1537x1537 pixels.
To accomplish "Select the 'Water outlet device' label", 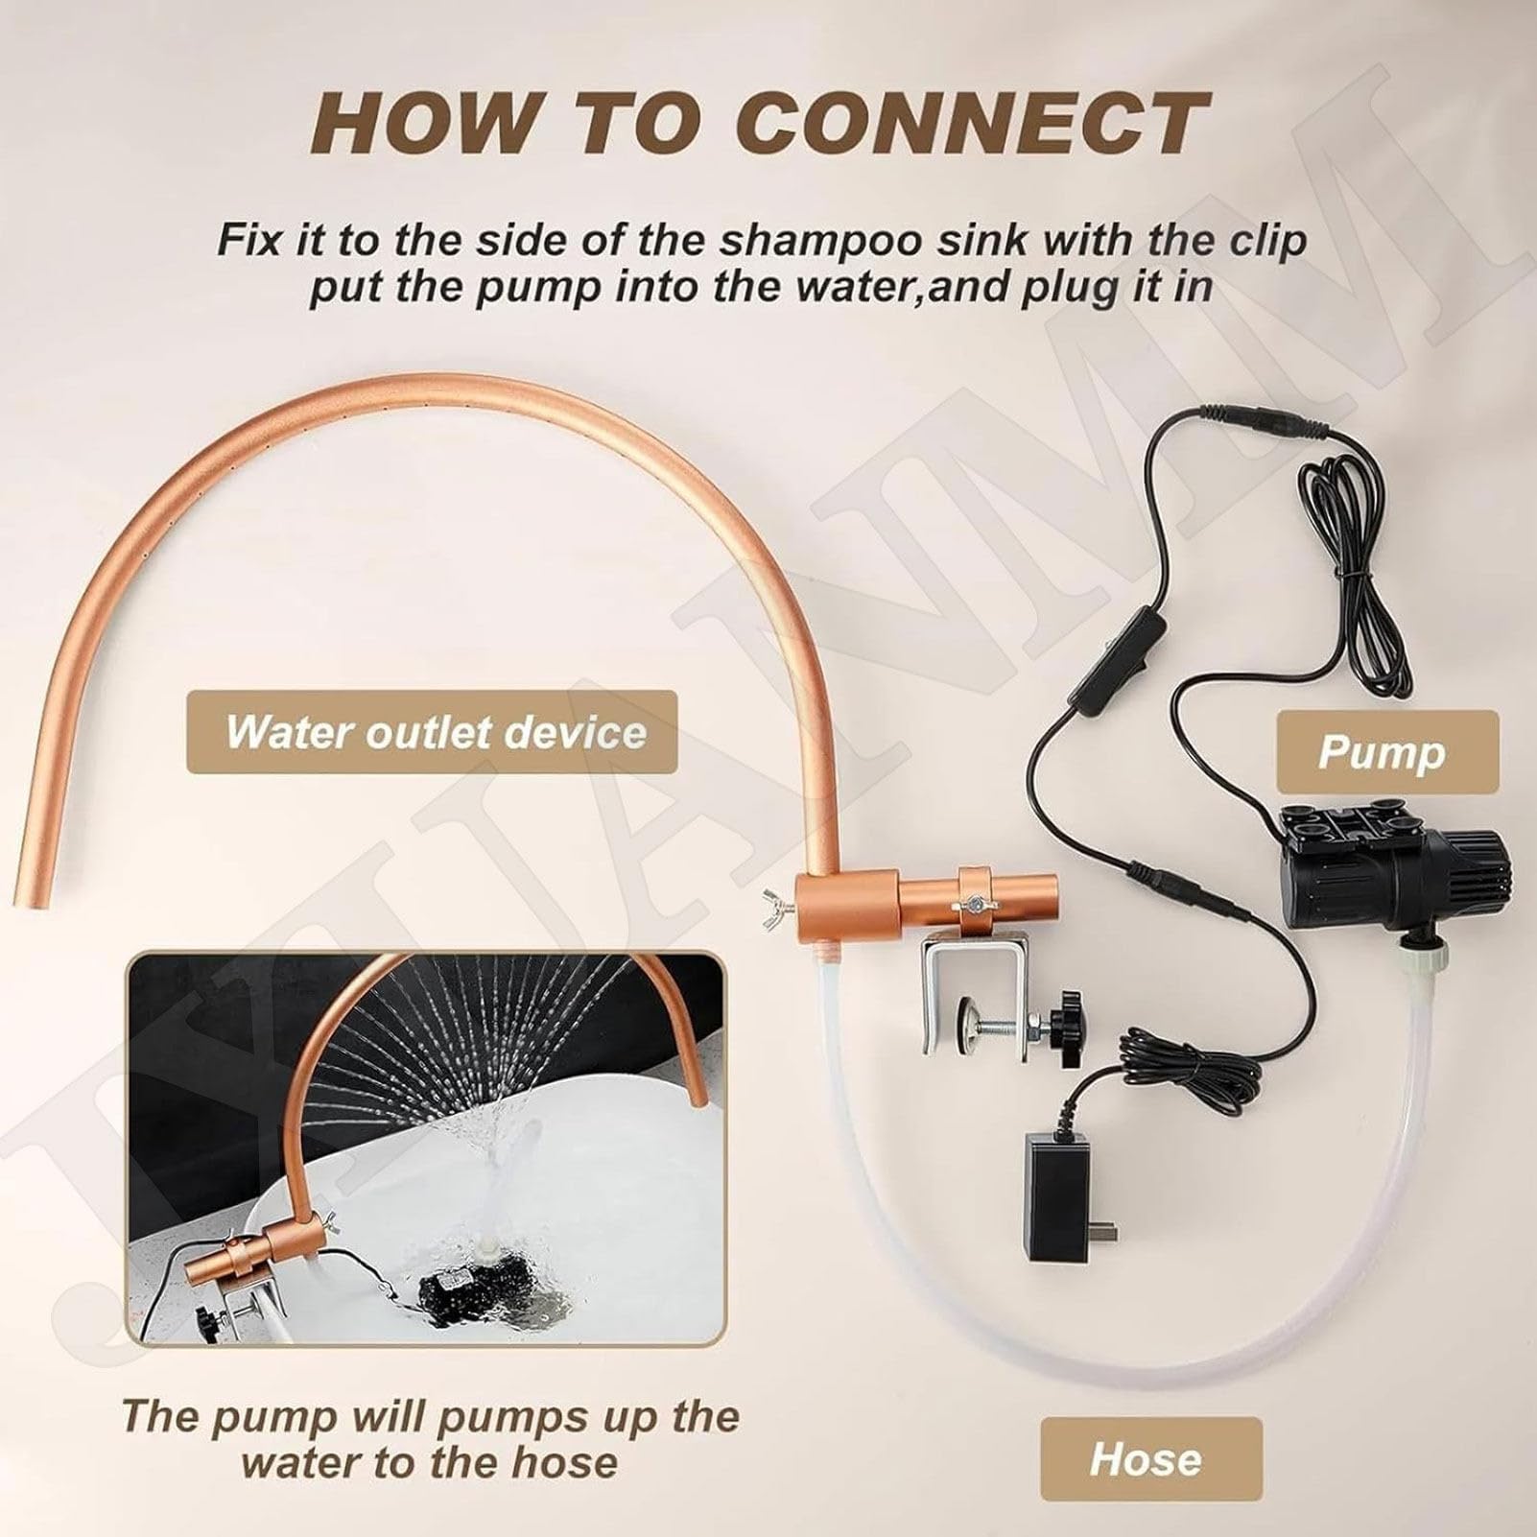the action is [432, 732].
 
